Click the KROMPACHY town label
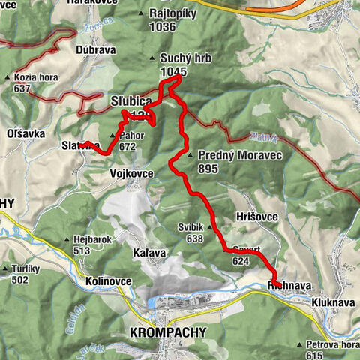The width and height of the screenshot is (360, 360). point(167,331)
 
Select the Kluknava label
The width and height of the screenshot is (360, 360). point(333,304)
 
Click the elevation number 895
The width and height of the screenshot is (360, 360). point(208,169)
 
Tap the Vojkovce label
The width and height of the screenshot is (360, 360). point(132,173)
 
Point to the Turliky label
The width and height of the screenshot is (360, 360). point(30,268)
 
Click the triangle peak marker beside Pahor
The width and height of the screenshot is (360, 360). point(112,136)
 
